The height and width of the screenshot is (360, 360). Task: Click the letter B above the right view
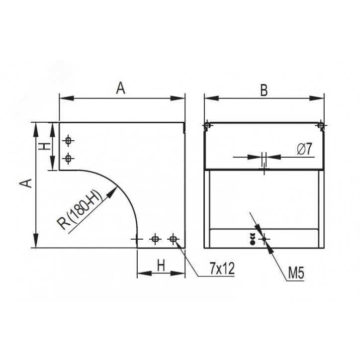tap(264, 90)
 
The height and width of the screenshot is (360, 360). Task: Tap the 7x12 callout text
tap(222, 268)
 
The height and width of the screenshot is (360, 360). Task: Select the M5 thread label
tap(296, 273)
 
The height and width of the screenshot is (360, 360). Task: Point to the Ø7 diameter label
tap(305, 149)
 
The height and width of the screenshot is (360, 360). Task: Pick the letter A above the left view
tap(120, 88)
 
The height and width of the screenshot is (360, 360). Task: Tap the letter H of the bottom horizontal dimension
tap(161, 266)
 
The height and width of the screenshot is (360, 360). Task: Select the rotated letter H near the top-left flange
tap(44, 146)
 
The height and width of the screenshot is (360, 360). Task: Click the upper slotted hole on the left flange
tap(68, 140)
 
